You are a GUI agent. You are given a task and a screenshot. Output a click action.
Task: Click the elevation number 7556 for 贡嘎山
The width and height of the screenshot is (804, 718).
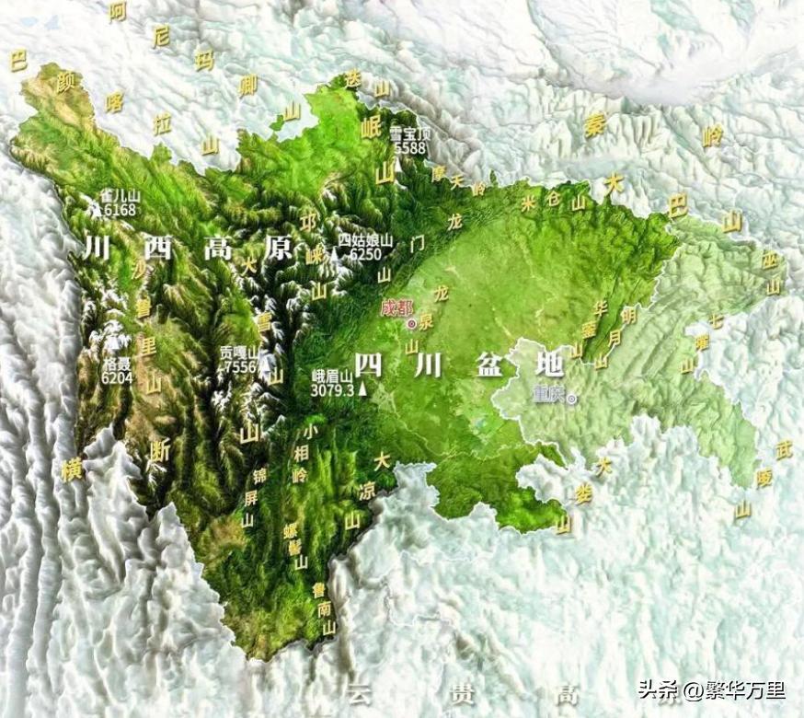pyautogui.click(x=241, y=366)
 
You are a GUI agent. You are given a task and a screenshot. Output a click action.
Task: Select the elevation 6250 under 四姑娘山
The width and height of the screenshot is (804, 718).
pyautogui.click(x=365, y=254)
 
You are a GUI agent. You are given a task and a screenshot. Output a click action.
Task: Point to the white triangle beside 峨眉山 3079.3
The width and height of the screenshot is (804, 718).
pyautogui.click(x=363, y=389)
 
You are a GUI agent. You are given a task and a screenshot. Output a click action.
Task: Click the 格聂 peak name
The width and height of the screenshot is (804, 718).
pyautogui.click(x=117, y=364)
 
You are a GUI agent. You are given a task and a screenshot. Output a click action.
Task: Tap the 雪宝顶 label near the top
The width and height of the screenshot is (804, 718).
pyautogui.click(x=410, y=133)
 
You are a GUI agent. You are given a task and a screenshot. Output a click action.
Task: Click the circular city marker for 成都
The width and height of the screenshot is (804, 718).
pyautogui.click(x=411, y=323)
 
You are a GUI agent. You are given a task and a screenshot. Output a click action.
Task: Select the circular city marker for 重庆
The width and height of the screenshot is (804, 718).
pyautogui.click(x=572, y=399)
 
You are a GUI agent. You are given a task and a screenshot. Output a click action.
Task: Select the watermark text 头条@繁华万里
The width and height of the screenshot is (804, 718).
pyautogui.click(x=711, y=689)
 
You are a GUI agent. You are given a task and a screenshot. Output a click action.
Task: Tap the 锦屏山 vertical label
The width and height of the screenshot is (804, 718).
pyautogui.click(x=248, y=498)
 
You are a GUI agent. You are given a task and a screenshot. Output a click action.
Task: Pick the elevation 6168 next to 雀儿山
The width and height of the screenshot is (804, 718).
pyautogui.click(x=120, y=209)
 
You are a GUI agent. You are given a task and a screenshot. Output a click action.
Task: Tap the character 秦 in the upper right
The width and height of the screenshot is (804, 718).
pyautogui.click(x=594, y=127)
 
